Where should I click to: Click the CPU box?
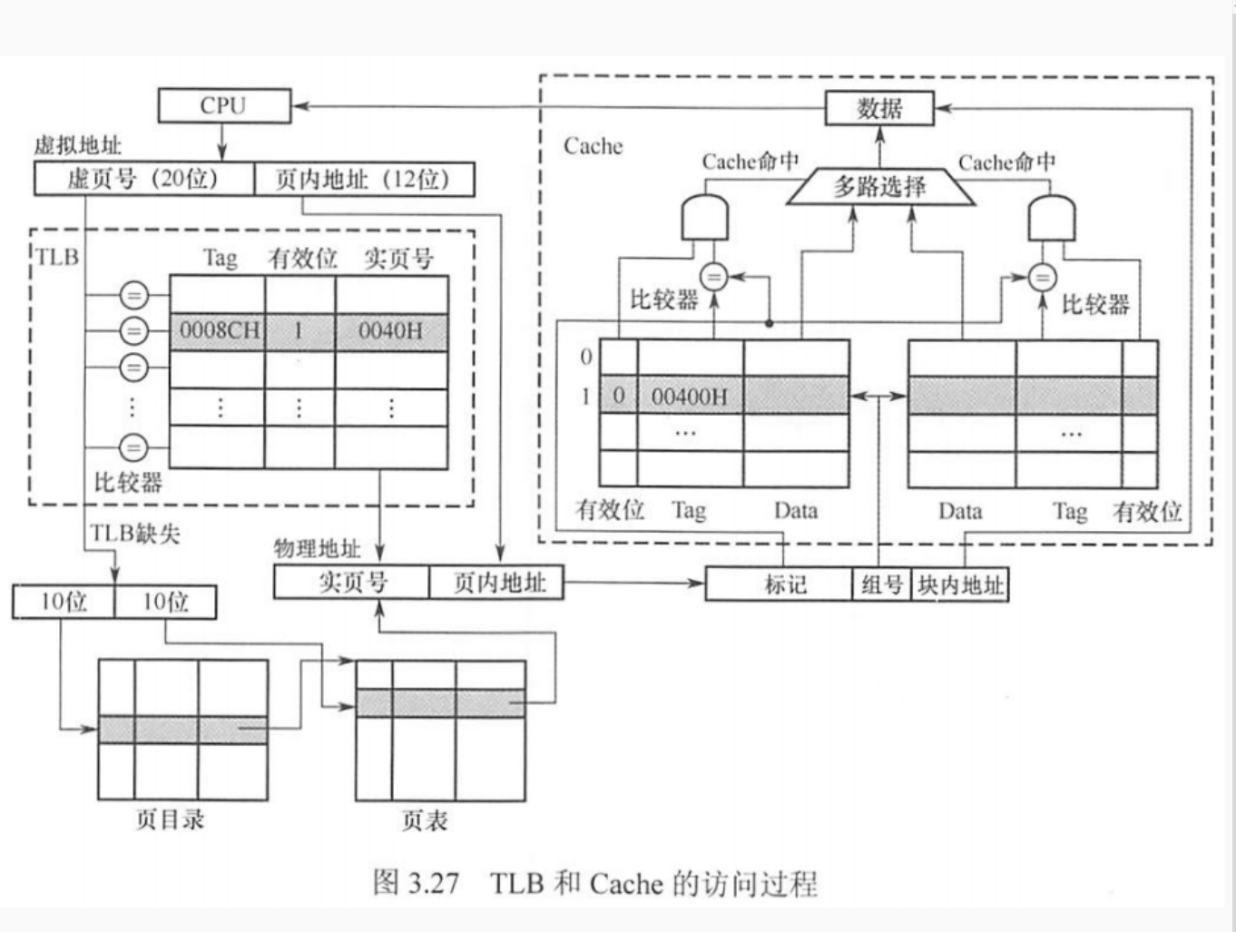(x=224, y=105)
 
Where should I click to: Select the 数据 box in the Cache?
(x=878, y=109)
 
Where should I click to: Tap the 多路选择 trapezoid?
(x=879, y=187)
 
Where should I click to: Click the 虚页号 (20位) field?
(x=143, y=179)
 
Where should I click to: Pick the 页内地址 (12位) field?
(x=363, y=179)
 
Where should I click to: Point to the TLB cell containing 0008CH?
(x=218, y=331)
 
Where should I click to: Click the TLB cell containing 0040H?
(x=391, y=331)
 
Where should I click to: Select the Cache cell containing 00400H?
(x=690, y=396)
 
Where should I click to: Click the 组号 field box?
(x=881, y=584)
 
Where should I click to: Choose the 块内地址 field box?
(x=959, y=584)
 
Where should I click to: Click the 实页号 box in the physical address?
(x=351, y=582)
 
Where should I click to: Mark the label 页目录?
(x=171, y=819)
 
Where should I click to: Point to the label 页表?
(x=425, y=821)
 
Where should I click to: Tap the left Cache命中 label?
(x=750, y=162)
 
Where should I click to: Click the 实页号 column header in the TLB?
(x=398, y=259)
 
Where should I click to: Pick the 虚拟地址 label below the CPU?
(x=77, y=145)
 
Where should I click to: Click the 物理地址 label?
(x=317, y=548)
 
